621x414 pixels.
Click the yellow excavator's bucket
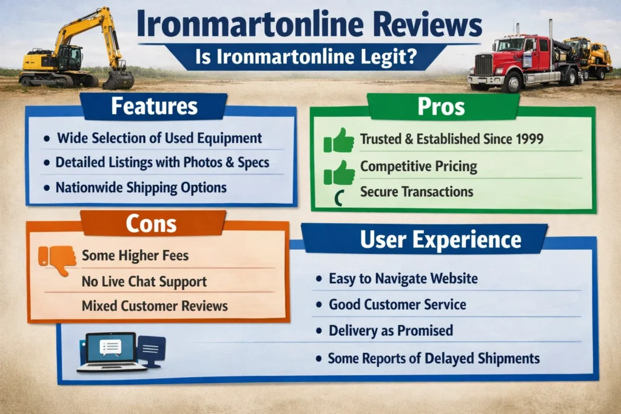(x=118, y=79)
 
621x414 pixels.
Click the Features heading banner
(x=154, y=107)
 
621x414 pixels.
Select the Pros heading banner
(x=441, y=107)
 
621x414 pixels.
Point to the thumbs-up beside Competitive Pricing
(x=340, y=173)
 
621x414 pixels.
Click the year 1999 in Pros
(x=528, y=139)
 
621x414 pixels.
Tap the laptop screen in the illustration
(x=111, y=347)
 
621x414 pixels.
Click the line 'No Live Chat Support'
(x=144, y=281)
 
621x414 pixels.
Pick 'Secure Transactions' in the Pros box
(x=416, y=192)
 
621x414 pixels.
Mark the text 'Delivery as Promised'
(x=391, y=331)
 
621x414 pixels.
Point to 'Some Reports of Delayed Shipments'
(x=434, y=358)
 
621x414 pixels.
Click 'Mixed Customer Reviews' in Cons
(x=155, y=305)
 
